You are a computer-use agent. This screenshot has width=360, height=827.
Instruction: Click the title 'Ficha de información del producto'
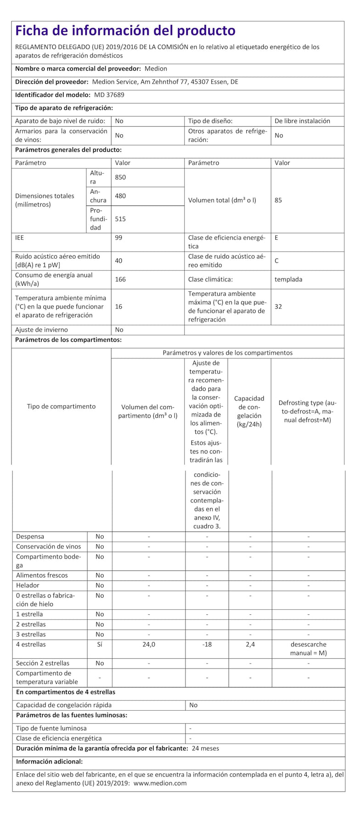tap(125, 31)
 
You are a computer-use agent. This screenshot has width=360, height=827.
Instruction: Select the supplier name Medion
tap(156, 69)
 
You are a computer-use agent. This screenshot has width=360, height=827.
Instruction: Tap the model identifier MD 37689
tap(109, 95)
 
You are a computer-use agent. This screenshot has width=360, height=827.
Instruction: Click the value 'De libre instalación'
tap(302, 121)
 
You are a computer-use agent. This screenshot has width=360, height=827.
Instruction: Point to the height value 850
tap(120, 177)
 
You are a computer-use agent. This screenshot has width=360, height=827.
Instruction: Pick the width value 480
tap(120, 196)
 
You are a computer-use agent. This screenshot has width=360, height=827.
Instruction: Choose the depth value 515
tap(120, 219)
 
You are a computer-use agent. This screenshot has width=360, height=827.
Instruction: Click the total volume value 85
tap(278, 200)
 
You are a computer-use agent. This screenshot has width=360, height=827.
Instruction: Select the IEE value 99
tap(118, 238)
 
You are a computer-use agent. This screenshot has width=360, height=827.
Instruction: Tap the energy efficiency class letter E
tap(276, 238)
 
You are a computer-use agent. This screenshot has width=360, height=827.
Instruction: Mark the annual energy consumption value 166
tap(120, 279)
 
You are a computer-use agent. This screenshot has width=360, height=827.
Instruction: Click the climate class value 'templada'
tap(288, 279)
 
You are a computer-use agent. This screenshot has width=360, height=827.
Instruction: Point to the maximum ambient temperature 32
tap(278, 306)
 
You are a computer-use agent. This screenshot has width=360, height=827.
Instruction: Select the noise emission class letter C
tap(276, 261)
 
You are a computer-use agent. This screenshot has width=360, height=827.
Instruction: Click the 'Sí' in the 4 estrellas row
tap(100, 645)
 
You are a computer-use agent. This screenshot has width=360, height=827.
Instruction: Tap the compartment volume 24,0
tap(149, 645)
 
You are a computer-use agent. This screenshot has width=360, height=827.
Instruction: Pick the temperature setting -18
tap(207, 645)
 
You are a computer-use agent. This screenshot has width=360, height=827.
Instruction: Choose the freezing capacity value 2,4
tap(250, 645)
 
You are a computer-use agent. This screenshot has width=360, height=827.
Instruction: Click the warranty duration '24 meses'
tap(205, 748)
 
